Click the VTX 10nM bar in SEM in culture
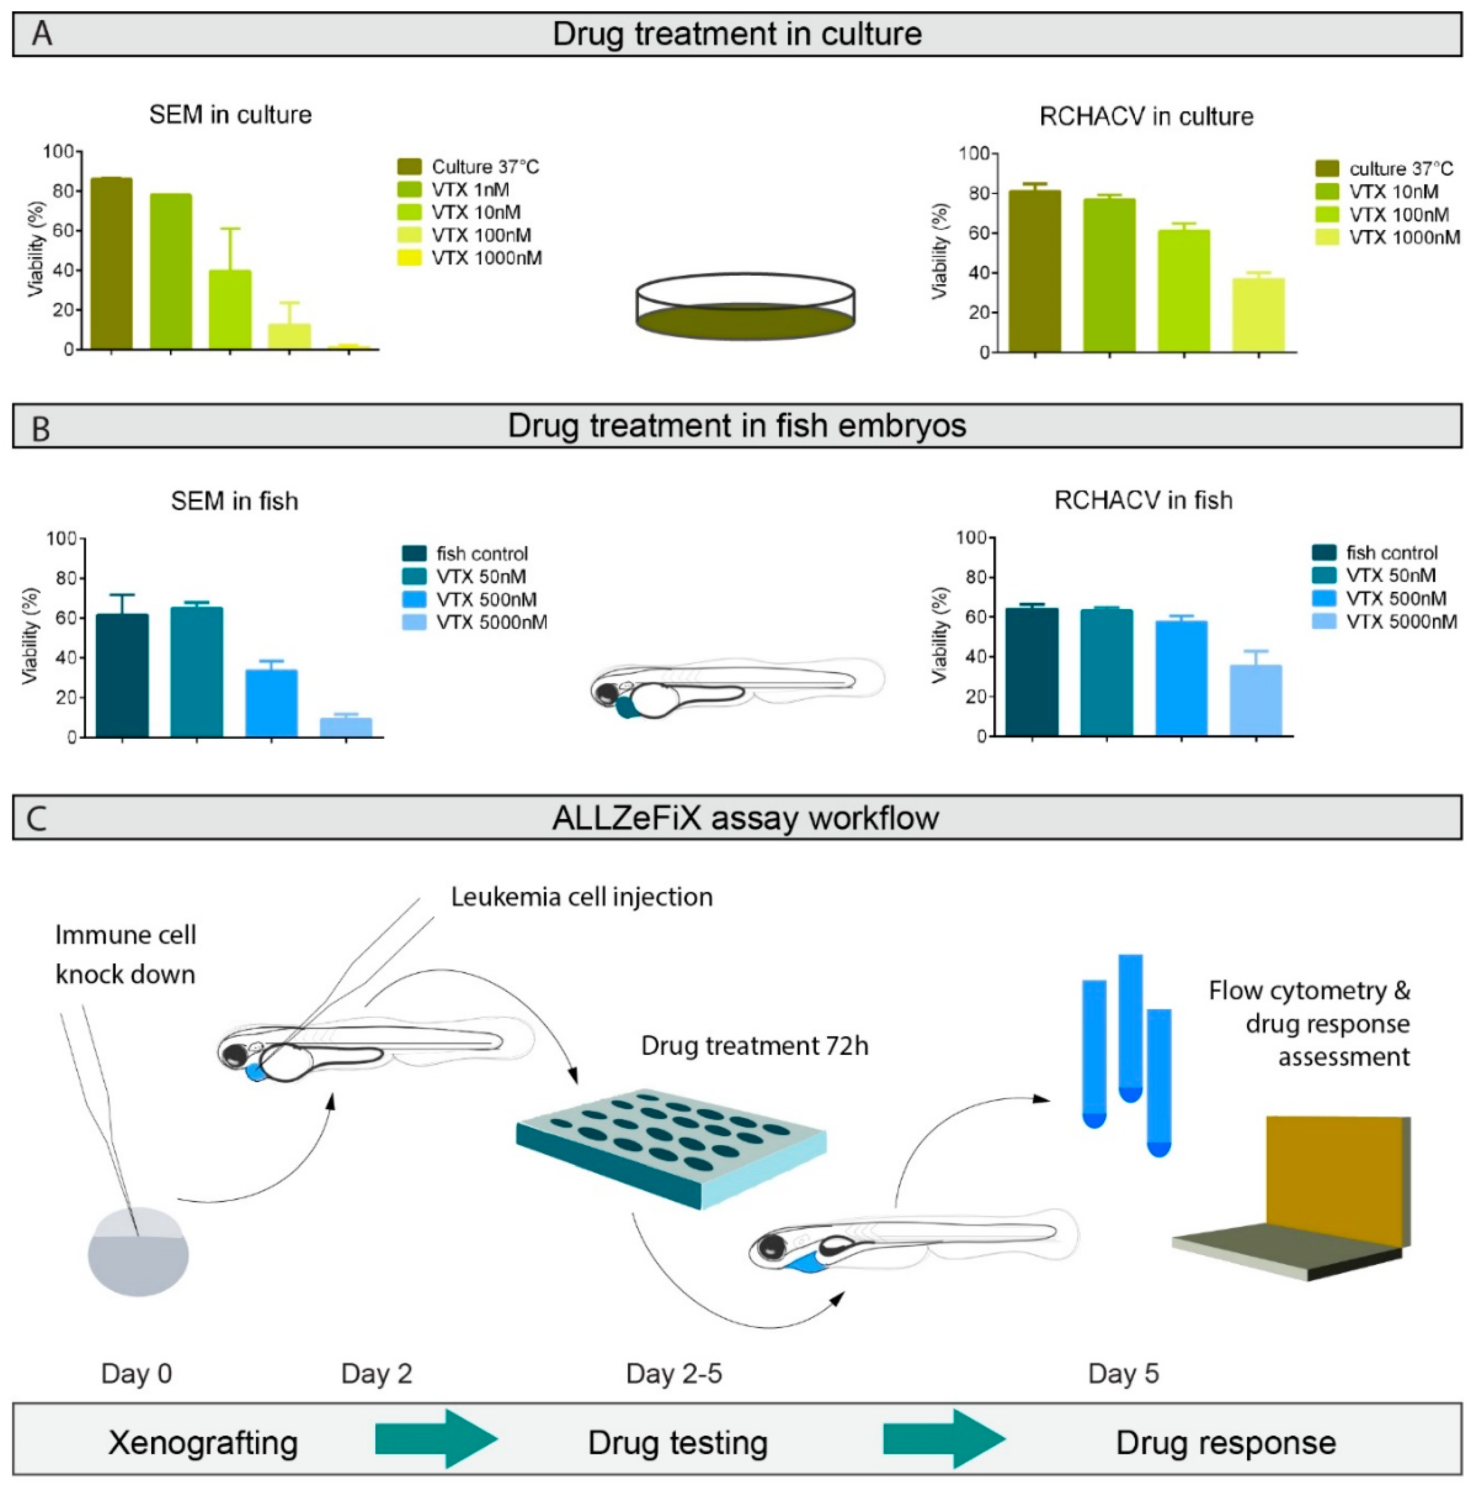point(230,309)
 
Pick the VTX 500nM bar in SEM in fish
point(271,703)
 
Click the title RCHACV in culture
point(1146,117)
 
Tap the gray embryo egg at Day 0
point(138,1251)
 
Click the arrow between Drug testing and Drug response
point(943,1438)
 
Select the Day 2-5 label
point(673,1374)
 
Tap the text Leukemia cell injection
point(581,897)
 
